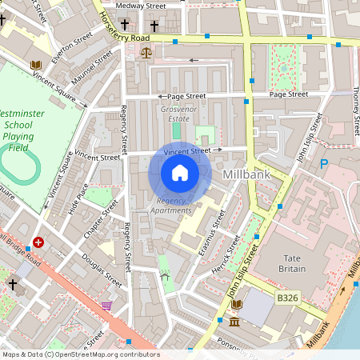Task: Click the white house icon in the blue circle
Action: pyautogui.click(x=180, y=173)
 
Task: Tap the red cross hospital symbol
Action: pyautogui.click(x=38, y=242)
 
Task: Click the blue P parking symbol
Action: pyautogui.click(x=324, y=165)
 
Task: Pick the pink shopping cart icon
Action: pyautogui.click(x=106, y=306)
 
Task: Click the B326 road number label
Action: pyautogui.click(x=288, y=298)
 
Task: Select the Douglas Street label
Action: pyautogui.click(x=102, y=270)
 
